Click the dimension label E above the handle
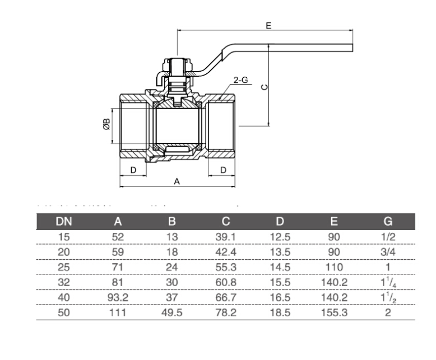tap(268, 25)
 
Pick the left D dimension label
tap(133, 169)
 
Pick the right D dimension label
tap(222, 169)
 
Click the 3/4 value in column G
tap(388, 252)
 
